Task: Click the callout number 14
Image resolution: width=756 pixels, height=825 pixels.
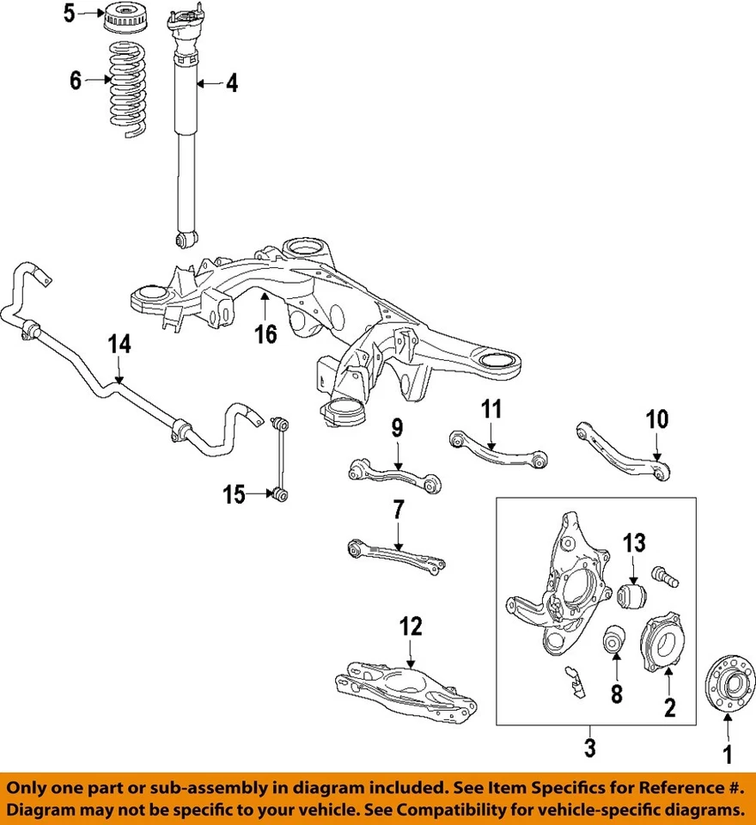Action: tap(120, 345)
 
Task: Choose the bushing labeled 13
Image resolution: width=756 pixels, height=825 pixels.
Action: tap(631, 594)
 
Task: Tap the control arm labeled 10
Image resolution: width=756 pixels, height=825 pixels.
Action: tap(623, 443)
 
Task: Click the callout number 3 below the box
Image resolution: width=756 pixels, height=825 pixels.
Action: tap(589, 749)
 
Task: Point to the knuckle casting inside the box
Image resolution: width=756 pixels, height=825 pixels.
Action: tap(558, 584)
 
